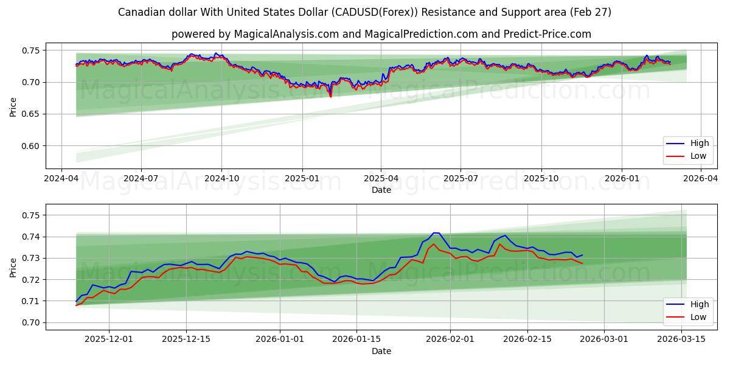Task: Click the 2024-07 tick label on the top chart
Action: point(141,178)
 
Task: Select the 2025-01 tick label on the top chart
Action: point(302,178)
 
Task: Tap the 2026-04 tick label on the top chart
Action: point(701,178)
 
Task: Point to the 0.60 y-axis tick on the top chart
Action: point(30,146)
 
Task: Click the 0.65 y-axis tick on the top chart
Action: point(30,114)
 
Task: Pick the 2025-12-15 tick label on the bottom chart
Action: point(186,339)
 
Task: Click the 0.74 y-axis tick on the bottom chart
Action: point(30,237)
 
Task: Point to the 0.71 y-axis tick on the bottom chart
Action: point(30,301)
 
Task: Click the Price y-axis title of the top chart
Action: point(13,106)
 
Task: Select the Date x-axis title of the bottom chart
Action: point(381,351)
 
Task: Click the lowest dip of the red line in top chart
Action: point(330,96)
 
